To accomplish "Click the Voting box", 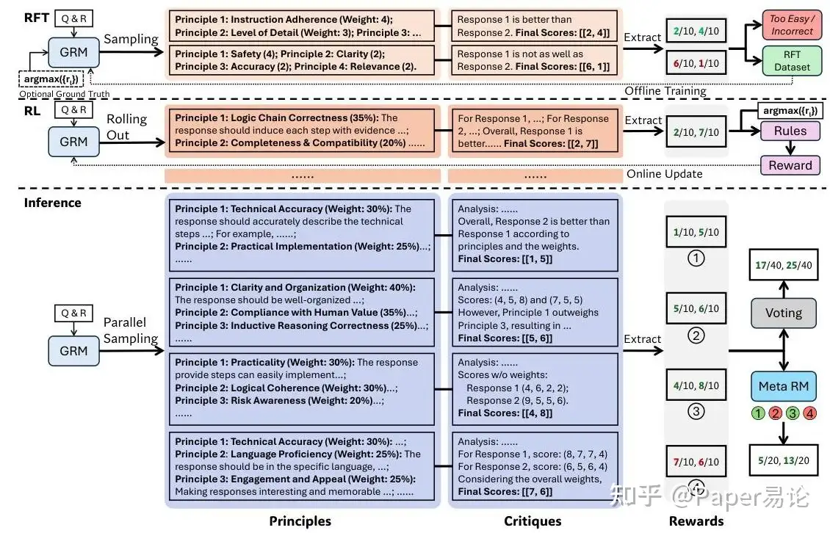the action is (x=784, y=313).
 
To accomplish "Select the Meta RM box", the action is (x=784, y=386).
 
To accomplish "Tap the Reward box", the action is (x=790, y=165).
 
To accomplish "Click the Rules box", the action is (x=790, y=131).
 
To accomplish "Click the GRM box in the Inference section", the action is (x=73, y=351).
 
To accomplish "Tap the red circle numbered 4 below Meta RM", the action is (x=809, y=413).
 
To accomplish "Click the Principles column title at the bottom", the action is (x=300, y=521).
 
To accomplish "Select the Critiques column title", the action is (x=533, y=521).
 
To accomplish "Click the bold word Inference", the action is (x=52, y=203).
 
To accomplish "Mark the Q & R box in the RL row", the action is (x=73, y=109).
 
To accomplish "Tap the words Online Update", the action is (x=664, y=174).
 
